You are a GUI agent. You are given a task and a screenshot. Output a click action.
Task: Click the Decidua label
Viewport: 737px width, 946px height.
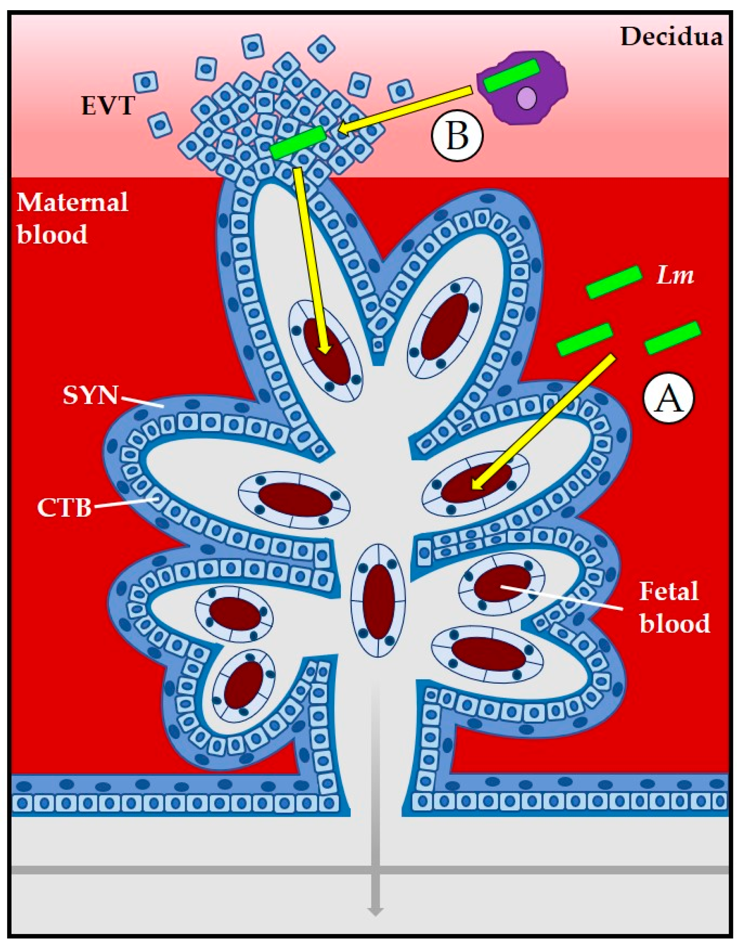pos(671,37)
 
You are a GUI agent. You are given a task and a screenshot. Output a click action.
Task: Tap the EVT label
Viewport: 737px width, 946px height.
pos(108,106)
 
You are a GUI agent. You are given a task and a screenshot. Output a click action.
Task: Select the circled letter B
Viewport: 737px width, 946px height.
pos(457,135)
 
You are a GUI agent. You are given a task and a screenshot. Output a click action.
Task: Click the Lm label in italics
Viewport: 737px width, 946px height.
pos(675,276)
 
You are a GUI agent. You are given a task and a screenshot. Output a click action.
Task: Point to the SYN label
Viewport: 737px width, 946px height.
pos(91,395)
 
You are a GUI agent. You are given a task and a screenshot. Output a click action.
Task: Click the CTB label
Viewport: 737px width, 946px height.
pos(64,507)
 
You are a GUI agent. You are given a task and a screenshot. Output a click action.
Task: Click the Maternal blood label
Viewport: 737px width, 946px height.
pos(72,218)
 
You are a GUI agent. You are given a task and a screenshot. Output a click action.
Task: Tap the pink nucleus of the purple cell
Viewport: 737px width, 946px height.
pos(526,98)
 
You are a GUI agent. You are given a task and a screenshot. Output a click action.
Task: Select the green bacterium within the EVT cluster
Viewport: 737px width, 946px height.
pos(298,142)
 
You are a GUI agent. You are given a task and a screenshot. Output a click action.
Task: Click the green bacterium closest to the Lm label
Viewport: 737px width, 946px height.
pos(613,282)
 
